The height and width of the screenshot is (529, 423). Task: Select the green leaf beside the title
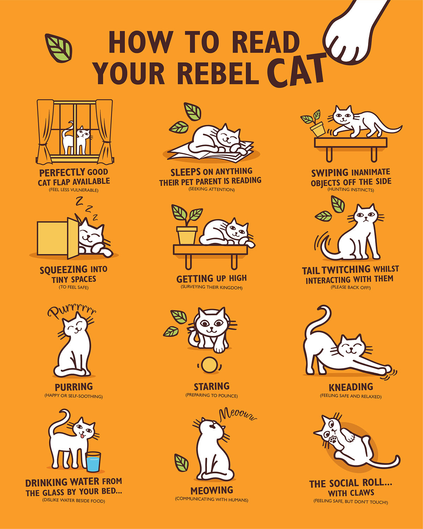pyautogui.click(x=59, y=48)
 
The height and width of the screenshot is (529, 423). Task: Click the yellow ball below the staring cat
pyautogui.click(x=209, y=365)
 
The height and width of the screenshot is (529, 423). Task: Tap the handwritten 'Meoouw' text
pyautogui.click(x=238, y=415)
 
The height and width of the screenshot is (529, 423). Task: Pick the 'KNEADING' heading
pyautogui.click(x=350, y=387)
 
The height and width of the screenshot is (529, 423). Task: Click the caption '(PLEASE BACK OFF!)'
pyautogui.click(x=350, y=288)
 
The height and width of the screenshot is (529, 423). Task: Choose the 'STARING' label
pyautogui.click(x=211, y=386)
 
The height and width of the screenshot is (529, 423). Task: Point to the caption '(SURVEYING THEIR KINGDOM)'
pyautogui.click(x=211, y=288)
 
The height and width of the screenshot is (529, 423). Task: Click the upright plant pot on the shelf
pyautogui.click(x=187, y=235)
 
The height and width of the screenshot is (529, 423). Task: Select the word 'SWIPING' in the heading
pyautogui.click(x=330, y=173)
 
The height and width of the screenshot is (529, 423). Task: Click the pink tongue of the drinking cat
pyautogui.click(x=82, y=436)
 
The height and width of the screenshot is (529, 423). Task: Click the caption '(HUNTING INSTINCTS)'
pyautogui.click(x=350, y=190)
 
